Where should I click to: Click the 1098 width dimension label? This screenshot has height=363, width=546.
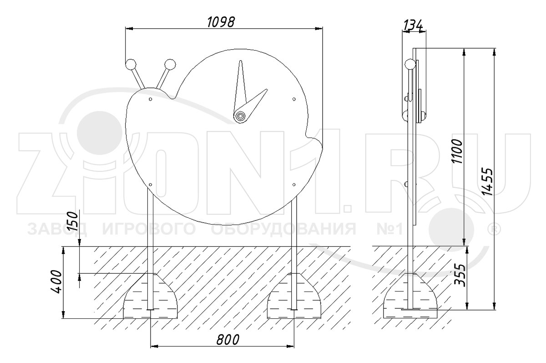pyautogui.click(x=221, y=22)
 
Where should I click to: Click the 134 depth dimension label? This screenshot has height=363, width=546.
pyautogui.click(x=413, y=25)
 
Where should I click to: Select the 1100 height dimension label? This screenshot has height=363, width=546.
pyautogui.click(x=457, y=151)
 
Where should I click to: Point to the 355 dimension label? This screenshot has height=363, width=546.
pyautogui.click(x=460, y=275)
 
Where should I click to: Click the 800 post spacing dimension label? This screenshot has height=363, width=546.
pyautogui.click(x=228, y=339)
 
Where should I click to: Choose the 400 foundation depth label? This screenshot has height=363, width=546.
pyautogui.click(x=56, y=281)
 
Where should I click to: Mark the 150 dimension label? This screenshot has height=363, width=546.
pyautogui.click(x=72, y=221)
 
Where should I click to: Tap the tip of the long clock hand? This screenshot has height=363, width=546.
pyautogui.click(x=241, y=61)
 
